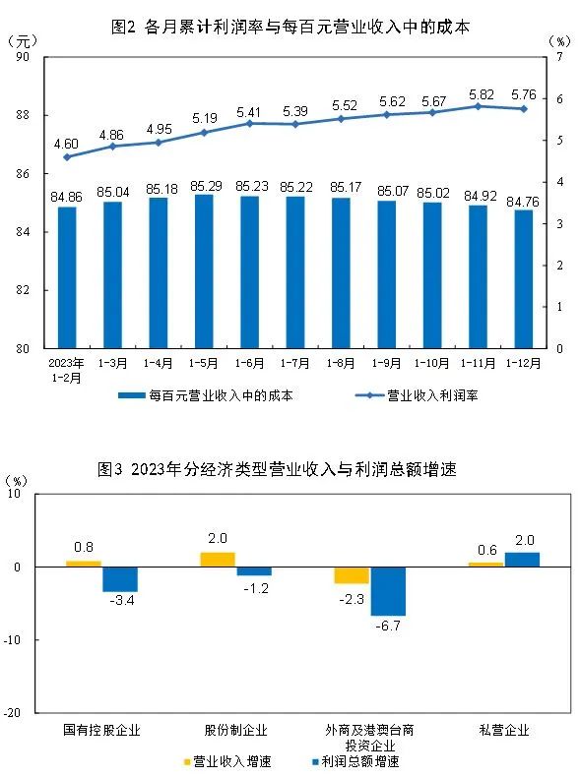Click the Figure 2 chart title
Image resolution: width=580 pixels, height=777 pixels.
pos(291,28)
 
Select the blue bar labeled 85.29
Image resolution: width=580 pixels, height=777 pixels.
pos(204,271)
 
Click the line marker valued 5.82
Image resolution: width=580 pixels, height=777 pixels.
pos(479,106)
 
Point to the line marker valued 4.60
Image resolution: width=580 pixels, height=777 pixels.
pos(67,156)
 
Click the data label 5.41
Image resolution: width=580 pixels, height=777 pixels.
pos(250,111)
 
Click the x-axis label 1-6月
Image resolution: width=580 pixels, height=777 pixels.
pos(249,363)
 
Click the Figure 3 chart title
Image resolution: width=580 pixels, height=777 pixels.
pos(291,469)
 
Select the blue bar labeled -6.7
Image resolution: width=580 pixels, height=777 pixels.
pos(387,591)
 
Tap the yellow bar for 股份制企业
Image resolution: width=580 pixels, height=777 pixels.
pos(218,560)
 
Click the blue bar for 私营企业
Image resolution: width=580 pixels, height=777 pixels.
pos(522,560)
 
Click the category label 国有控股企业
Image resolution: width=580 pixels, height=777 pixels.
pos(101,730)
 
